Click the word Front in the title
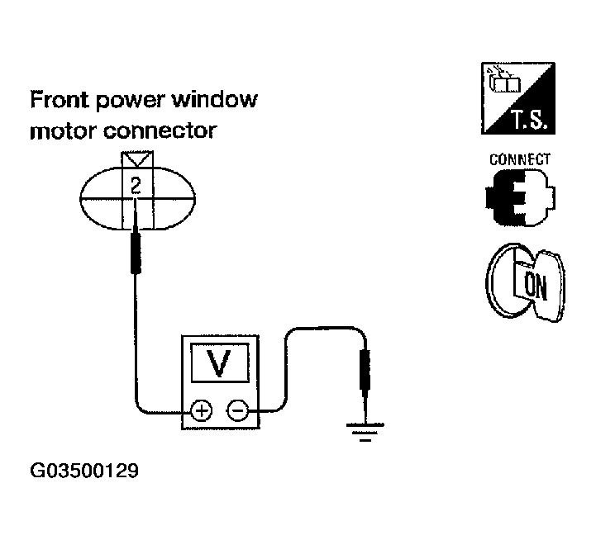tap(60, 101)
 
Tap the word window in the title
tap(217, 101)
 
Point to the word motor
tap(61, 131)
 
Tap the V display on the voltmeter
tap(219, 364)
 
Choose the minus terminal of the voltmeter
tap(237, 410)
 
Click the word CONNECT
tap(520, 159)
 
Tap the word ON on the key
tap(536, 287)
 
